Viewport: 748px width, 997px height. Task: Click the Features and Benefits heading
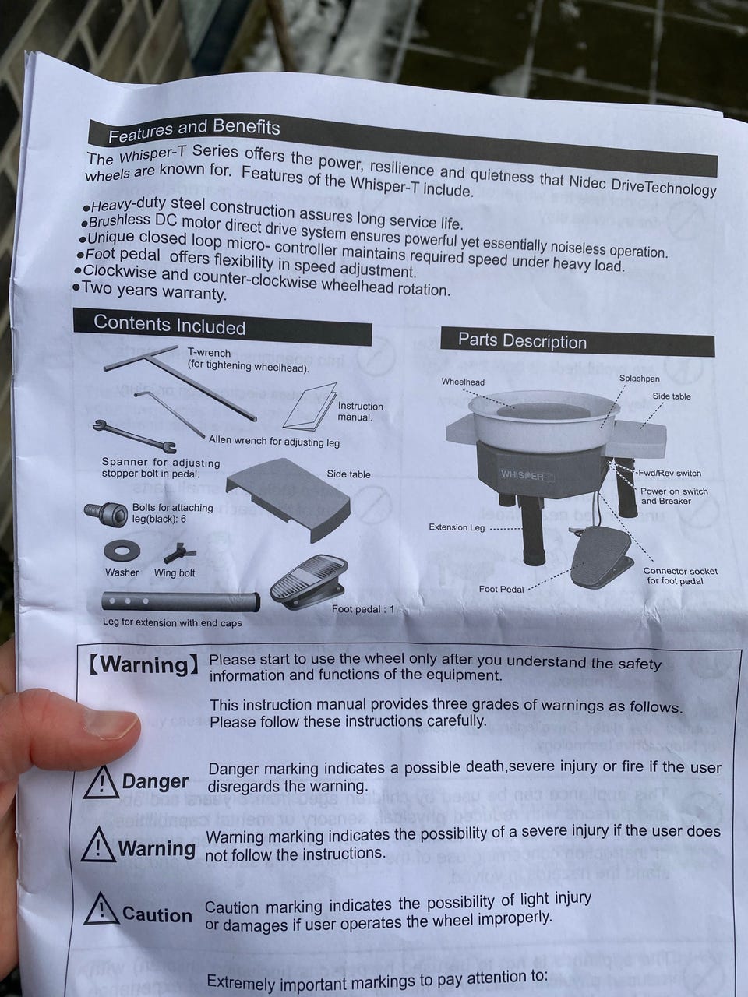pyautogui.click(x=194, y=130)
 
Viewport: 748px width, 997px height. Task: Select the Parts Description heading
pyautogui.click(x=522, y=340)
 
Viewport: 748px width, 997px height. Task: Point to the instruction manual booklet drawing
pyautogui.click(x=311, y=407)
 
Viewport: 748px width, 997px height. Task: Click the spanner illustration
pyautogui.click(x=135, y=436)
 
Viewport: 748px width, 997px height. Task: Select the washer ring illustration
pyautogui.click(x=122, y=551)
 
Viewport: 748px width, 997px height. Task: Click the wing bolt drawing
pyautogui.click(x=179, y=553)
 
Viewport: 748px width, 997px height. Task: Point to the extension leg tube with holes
pyautogui.click(x=181, y=602)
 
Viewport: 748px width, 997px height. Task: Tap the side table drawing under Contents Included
pyautogui.click(x=288, y=498)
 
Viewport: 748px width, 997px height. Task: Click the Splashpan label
pyautogui.click(x=640, y=379)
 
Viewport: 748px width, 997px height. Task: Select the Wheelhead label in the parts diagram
pyautogui.click(x=463, y=382)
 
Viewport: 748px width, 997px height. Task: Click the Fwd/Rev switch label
pyautogui.click(x=669, y=473)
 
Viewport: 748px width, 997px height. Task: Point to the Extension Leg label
pyautogui.click(x=457, y=527)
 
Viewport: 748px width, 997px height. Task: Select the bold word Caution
pyautogui.click(x=157, y=915)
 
